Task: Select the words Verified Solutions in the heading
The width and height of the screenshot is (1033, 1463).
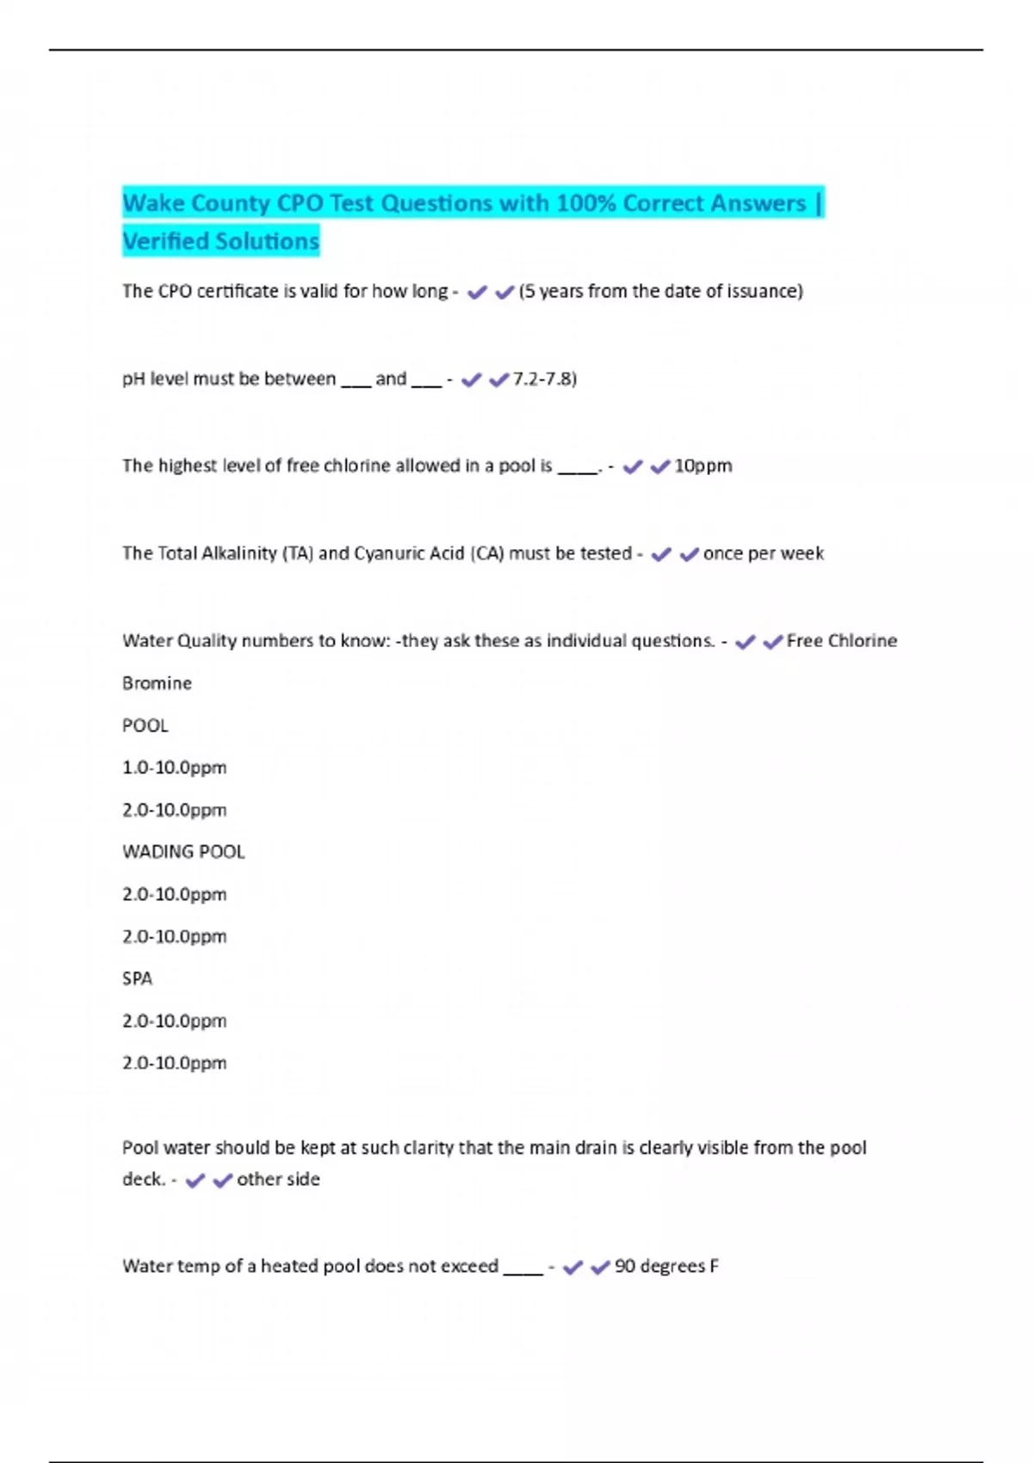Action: point(221,241)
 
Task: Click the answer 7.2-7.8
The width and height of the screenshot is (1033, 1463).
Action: point(543,379)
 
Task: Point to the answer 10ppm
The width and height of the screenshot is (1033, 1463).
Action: point(703,466)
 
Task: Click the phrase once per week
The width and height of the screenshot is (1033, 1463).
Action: point(764,553)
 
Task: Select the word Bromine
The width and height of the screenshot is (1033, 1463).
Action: point(157,683)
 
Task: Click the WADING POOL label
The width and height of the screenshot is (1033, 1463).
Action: point(183,852)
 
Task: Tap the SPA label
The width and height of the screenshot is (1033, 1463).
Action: point(137,978)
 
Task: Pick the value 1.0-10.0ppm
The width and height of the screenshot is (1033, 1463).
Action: point(174,768)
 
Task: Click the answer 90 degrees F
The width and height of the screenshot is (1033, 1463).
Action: point(666,1266)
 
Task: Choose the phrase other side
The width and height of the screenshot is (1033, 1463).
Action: point(278,1179)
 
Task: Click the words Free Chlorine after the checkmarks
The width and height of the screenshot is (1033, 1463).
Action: point(842,640)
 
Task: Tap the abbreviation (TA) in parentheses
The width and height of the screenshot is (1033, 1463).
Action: point(298,553)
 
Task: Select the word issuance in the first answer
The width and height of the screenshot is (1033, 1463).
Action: point(762,291)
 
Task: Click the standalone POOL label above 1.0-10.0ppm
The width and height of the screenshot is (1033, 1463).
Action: point(145,725)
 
